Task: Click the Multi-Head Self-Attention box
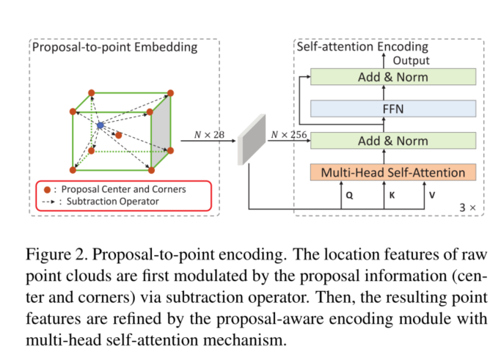tap(394, 173)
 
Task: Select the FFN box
tap(394, 109)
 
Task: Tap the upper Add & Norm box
tap(394, 77)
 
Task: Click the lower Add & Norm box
tap(394, 140)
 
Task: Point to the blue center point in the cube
tap(100, 126)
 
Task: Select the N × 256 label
tap(287, 134)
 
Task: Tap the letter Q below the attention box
tap(349, 197)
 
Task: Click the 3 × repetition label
tap(467, 207)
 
